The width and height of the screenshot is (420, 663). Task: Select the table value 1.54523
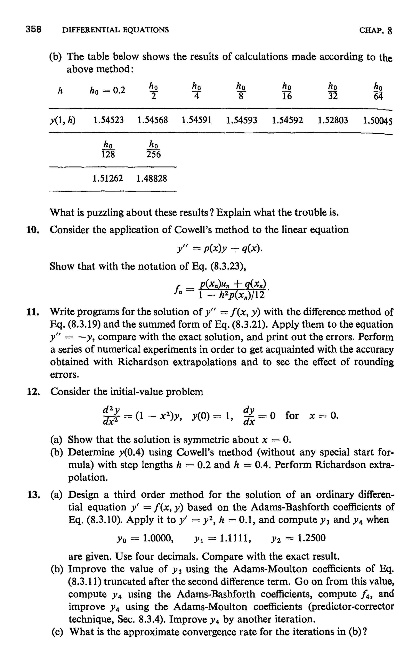108,120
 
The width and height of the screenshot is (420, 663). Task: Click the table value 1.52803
333,120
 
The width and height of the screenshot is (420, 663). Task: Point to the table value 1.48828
152,179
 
